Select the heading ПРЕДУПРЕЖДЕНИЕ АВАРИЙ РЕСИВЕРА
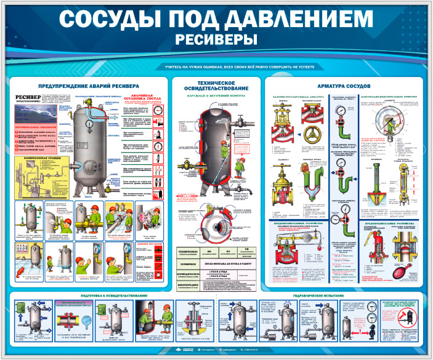point(89,86)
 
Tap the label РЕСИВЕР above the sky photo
point(28,98)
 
